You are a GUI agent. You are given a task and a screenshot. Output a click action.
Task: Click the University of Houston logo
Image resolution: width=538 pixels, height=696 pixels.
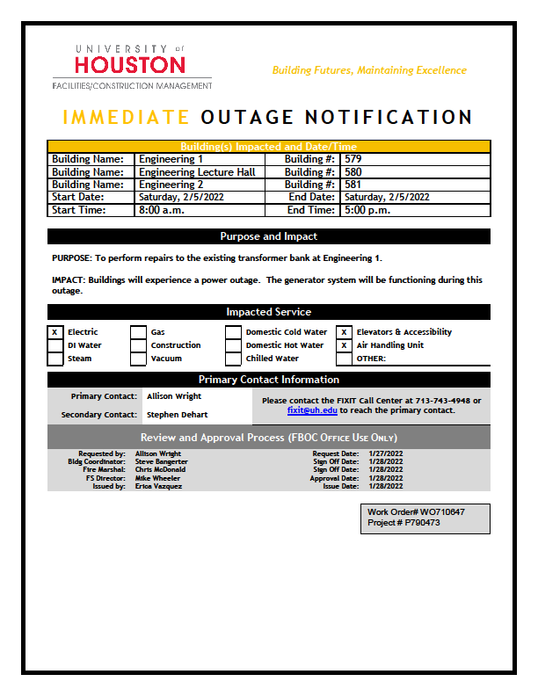point(132,67)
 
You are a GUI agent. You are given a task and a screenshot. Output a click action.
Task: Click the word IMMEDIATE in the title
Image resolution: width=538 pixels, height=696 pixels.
point(127,118)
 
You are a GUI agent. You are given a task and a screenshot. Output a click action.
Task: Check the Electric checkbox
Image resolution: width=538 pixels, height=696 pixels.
point(55,332)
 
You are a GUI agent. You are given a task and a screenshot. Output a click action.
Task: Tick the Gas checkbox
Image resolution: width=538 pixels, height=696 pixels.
point(138,332)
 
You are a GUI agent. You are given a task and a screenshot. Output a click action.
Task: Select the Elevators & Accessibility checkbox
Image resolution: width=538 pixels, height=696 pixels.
point(345,332)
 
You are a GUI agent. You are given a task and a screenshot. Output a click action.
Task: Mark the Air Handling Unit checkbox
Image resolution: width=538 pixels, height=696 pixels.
point(345,345)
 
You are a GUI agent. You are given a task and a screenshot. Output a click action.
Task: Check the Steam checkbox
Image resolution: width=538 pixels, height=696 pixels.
point(55,359)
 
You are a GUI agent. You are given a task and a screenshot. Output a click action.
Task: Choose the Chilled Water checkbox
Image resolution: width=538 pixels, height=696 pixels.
point(233,359)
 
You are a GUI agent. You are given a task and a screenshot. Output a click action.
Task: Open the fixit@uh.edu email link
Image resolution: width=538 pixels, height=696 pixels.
point(312,410)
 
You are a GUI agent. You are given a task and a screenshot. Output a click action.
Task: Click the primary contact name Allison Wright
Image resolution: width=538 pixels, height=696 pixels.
point(174,396)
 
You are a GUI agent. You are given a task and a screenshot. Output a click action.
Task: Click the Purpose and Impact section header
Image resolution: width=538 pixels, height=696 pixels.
point(269,236)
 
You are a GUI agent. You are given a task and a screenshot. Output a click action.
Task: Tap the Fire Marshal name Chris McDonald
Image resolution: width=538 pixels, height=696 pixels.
point(160,469)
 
